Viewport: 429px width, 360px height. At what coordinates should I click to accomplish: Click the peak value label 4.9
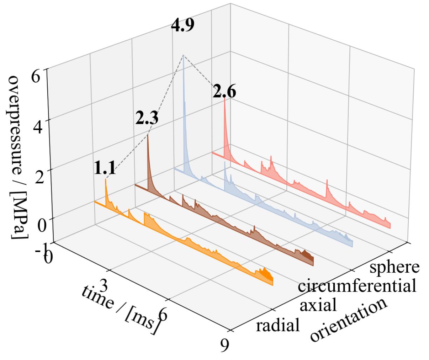tap(183, 26)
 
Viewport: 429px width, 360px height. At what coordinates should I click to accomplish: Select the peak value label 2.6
tap(224, 93)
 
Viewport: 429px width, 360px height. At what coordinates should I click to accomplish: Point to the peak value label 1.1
tap(105, 169)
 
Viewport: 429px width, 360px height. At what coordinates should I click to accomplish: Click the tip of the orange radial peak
tap(105, 179)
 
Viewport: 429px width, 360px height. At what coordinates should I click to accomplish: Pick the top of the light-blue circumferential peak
tap(183, 55)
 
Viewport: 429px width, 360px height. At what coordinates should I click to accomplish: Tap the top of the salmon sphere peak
tap(224, 99)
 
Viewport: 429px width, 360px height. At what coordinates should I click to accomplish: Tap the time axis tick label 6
tap(163, 315)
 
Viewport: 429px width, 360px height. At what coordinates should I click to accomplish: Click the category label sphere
tap(394, 267)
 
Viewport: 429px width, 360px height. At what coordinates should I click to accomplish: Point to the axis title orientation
tap(349, 320)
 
